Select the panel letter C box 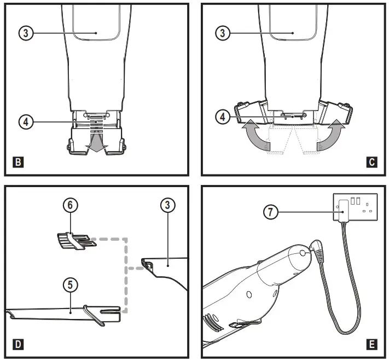click(x=371, y=162)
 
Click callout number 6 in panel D click(x=70, y=205)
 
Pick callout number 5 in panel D click(x=70, y=284)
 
